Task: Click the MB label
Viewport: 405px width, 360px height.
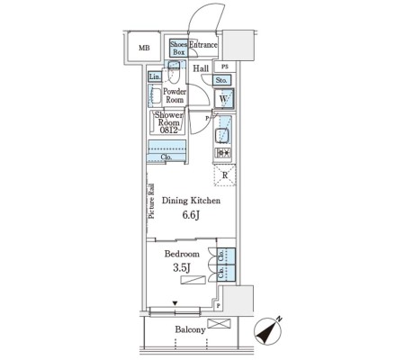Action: [144, 48]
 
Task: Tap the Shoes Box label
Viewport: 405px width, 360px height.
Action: [178, 48]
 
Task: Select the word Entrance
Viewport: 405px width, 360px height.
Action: [203, 45]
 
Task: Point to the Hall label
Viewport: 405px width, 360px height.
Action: [201, 68]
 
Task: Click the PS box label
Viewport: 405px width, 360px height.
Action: [225, 67]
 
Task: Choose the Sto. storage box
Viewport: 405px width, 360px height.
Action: [222, 80]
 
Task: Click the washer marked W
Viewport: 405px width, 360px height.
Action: [224, 98]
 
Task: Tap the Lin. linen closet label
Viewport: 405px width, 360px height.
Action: [155, 76]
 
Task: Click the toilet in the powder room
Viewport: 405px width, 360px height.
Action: [173, 72]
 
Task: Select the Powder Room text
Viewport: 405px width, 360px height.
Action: [175, 95]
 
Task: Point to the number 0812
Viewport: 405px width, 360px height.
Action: [168, 130]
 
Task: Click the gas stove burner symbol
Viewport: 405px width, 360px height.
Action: [223, 153]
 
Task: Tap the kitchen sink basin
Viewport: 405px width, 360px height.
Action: [222, 136]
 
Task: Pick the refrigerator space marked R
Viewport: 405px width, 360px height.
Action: [225, 175]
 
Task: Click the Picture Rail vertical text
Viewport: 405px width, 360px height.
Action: [151, 201]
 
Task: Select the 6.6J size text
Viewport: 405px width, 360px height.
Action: [191, 215]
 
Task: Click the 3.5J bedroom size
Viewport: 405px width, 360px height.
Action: [182, 268]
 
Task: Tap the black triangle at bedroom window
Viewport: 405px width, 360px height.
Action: [175, 303]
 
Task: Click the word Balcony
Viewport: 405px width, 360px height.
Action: [191, 329]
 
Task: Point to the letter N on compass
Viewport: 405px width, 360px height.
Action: [279, 319]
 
